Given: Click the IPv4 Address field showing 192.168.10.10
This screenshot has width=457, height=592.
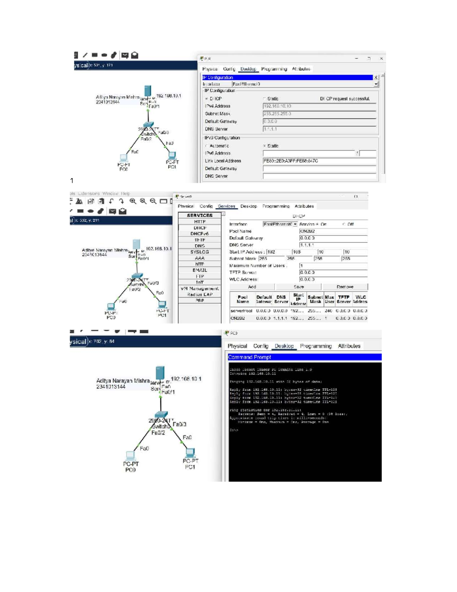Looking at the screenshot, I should coord(319,106).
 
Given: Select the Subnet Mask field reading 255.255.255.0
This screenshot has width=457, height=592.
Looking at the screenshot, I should coord(319,114).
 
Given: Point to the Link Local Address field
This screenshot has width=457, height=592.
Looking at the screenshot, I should coord(319,161).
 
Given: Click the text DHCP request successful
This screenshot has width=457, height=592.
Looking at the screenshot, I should coord(345,99).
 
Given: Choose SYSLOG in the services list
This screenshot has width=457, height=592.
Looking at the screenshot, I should coord(200,252).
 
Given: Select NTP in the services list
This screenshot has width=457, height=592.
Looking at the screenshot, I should coord(200,264).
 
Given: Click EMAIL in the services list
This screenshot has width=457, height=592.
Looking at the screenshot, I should coord(200,270).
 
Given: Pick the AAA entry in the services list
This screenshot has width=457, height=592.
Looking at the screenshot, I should coord(200,258).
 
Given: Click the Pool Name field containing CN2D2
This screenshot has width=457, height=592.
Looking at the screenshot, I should coord(333,231).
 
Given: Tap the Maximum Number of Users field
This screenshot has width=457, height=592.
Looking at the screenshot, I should coord(333,266).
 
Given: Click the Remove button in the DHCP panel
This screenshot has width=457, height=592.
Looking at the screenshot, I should coord(345,287).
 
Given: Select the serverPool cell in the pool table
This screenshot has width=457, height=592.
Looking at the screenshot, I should coord(241,311).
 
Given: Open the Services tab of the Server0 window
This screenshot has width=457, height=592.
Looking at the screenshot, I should coord(226,206).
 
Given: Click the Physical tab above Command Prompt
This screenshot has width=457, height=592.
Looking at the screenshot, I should coord(237,346).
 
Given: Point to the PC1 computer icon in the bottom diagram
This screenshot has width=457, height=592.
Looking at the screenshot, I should coord(190,452).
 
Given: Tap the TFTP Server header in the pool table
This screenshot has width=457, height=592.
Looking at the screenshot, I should coord(344,299).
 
